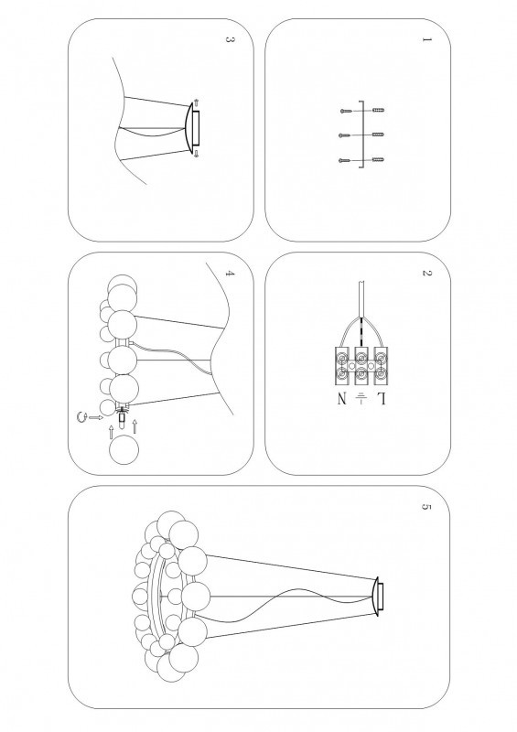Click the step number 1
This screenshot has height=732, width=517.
tap(425, 39)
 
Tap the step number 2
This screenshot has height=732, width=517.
tap(425, 273)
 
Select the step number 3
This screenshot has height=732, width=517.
tap(229, 39)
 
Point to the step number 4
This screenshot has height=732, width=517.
tap(229, 273)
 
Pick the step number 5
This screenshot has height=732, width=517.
tap(425, 507)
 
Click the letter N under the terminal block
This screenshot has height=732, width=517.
tap(342, 399)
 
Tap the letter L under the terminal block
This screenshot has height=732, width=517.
tap(381, 399)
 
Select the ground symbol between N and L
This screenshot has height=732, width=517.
tap(361, 398)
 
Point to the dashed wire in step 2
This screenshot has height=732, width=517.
tap(361, 332)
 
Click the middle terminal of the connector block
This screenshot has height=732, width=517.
tap(361, 366)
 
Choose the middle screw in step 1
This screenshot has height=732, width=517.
tap(345, 135)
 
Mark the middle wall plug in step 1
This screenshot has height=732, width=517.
tap(378, 135)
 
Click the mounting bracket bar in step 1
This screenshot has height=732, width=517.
tap(361, 135)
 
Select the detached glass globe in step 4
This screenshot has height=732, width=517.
tap(124, 449)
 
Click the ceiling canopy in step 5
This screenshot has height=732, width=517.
tap(377, 597)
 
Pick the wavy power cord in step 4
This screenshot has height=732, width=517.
tap(173, 357)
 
